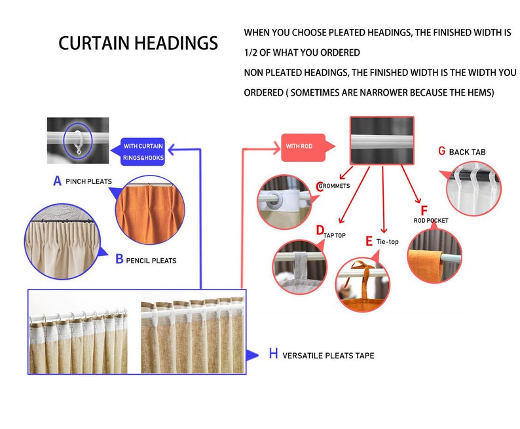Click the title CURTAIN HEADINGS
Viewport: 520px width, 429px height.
(138, 43)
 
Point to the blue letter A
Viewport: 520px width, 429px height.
(58, 181)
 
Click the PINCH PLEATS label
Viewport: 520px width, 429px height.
(88, 181)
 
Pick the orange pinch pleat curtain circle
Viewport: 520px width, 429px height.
(150, 210)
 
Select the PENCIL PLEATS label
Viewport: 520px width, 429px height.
(151, 261)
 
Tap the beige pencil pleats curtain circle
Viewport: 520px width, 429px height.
(62, 242)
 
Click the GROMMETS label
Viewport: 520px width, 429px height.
(334, 186)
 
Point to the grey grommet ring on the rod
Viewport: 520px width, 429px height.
(275, 199)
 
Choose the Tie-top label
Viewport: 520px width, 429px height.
(387, 242)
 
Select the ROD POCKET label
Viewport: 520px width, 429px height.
(431, 221)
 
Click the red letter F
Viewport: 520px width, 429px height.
(424, 210)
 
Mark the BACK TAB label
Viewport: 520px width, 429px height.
(467, 152)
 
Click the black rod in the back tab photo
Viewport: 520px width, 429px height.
(474, 176)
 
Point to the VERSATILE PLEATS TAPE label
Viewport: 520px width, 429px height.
(328, 356)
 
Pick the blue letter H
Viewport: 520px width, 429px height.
(274, 354)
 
